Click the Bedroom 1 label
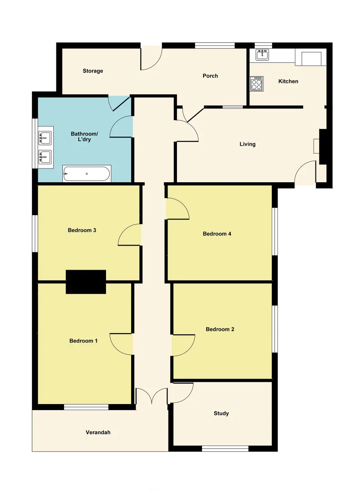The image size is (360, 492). [83, 341]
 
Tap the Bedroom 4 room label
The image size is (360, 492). [217, 234]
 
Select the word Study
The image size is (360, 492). [221, 414]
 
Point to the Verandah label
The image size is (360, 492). [98, 432]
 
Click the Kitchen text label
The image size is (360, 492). [288, 81]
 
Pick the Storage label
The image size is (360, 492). [93, 71]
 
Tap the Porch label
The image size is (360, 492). [210, 76]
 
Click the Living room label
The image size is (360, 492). [248, 144]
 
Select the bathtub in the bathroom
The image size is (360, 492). [86, 174]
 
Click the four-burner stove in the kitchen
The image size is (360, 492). [256, 83]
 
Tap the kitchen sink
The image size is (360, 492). [262, 55]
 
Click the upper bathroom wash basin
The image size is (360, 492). [45, 136]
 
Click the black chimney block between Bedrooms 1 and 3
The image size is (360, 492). [86, 282]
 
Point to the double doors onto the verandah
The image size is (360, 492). [152, 396]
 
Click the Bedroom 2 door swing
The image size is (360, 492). [183, 345]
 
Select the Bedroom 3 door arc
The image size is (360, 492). [130, 235]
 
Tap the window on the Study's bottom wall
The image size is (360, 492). [225, 449]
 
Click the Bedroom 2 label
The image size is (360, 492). [220, 329]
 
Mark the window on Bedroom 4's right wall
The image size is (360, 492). [275, 231]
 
